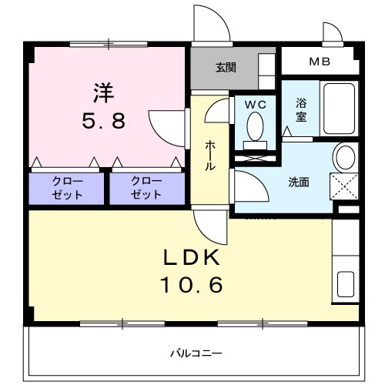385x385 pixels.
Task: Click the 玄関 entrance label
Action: tap(226, 67)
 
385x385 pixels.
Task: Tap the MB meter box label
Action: tap(318, 61)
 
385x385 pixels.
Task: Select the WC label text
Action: tap(255, 103)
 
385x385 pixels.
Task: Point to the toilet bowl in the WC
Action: tap(255, 125)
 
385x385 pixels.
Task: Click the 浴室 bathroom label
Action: tap(300, 111)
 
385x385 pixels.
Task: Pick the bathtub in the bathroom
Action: tap(337, 108)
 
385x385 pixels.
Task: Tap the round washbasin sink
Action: tap(344, 156)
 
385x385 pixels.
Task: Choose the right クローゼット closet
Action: tap(146, 188)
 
